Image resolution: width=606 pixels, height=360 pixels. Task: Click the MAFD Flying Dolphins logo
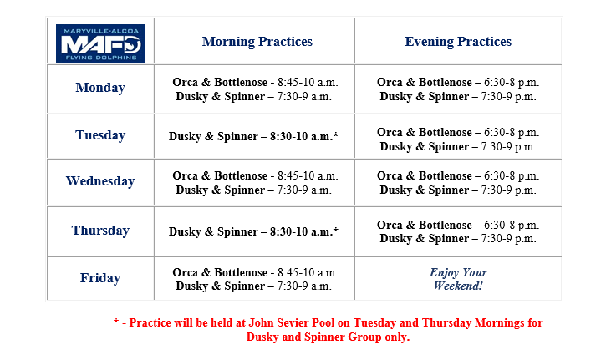point(100,43)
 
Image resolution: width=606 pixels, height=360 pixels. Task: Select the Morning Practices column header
point(257,41)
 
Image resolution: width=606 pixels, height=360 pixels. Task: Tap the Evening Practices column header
point(458,41)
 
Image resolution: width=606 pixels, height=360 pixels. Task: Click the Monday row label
point(100,88)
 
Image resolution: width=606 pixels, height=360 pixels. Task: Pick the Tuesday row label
point(100,135)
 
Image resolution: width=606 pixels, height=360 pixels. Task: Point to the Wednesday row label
point(100,180)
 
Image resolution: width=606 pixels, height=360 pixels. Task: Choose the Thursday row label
point(100,231)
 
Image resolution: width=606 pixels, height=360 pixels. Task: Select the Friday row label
point(100,277)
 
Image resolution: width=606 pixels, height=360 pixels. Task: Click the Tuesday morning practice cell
point(253,136)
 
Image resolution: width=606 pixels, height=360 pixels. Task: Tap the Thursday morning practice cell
point(253,231)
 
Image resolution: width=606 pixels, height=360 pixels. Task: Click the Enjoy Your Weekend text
point(458,279)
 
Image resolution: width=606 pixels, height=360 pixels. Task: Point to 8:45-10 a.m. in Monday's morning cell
point(308,83)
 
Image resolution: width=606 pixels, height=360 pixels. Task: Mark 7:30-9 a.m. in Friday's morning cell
point(304,286)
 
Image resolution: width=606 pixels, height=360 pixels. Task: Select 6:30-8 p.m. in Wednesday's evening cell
point(512,175)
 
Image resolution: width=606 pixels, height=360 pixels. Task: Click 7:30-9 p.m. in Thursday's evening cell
point(508,239)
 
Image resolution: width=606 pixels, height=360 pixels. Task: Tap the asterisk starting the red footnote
point(116,322)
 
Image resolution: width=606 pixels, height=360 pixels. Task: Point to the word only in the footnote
point(396,337)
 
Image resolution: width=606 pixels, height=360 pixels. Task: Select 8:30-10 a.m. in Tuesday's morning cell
point(304,136)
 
